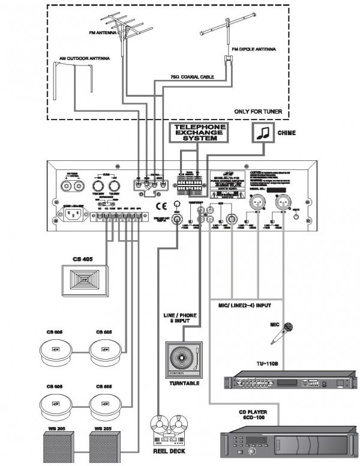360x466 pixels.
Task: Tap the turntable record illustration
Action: [x=184, y=359]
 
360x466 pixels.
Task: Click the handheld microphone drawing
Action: [x=282, y=333]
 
